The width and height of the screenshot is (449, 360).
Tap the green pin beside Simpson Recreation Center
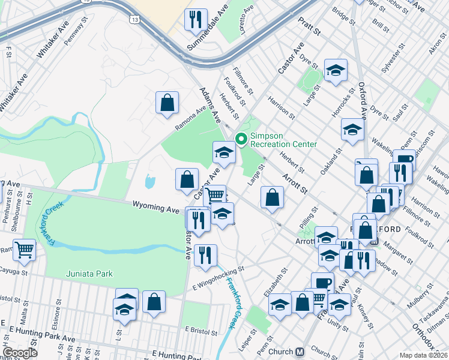[241, 139]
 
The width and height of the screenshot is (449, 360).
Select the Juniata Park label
[89, 274]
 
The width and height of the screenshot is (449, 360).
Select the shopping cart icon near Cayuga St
[24, 249]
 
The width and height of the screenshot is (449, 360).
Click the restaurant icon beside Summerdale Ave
[195, 20]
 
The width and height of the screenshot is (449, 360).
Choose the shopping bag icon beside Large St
[272, 197]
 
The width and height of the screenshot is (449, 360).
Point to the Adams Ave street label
[209, 102]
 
